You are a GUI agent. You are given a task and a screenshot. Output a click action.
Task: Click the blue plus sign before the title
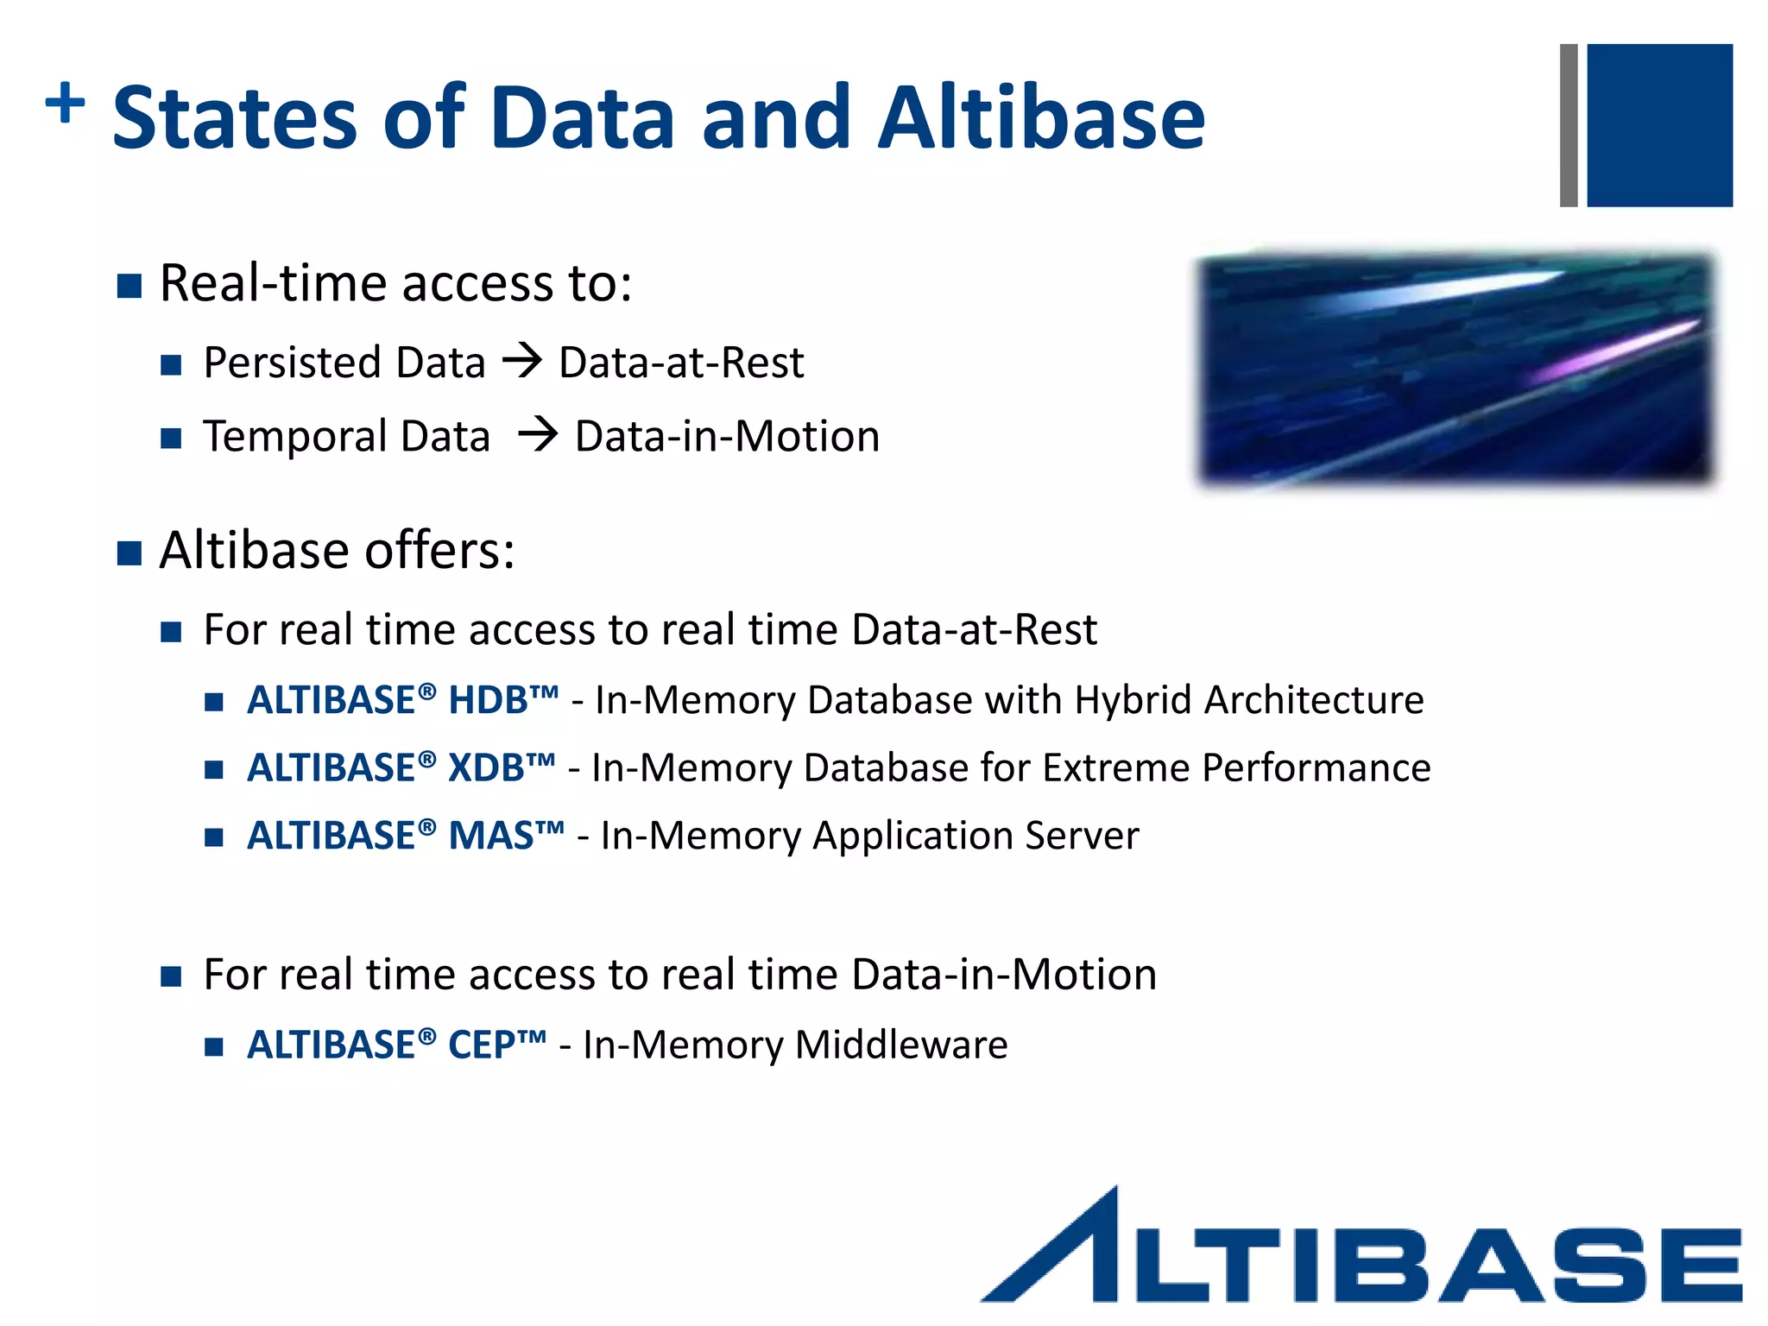65,104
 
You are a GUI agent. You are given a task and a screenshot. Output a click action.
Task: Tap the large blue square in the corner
1658,125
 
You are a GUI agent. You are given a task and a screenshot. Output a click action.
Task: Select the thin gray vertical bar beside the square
1569,125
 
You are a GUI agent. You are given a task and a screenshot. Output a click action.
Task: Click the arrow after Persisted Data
522,360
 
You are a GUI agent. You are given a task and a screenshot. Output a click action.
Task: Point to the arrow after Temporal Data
538,433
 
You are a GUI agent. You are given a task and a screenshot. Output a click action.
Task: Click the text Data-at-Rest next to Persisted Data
681,363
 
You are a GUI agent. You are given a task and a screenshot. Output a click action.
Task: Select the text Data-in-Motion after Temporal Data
727,436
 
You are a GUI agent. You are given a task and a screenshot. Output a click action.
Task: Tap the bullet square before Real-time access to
129,286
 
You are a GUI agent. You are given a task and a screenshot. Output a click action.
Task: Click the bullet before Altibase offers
129,552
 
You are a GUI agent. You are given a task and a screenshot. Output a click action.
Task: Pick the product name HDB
489,700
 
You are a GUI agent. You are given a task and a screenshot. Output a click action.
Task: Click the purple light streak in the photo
1606,354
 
